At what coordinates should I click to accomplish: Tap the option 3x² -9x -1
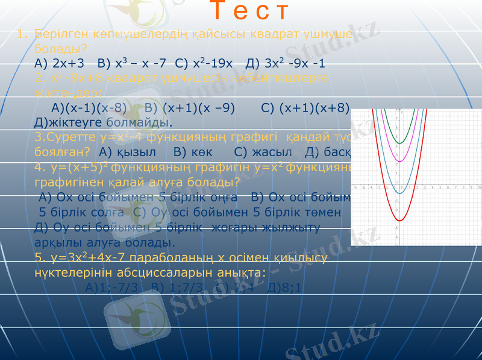point(295,62)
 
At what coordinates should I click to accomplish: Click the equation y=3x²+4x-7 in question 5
point(90,258)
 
